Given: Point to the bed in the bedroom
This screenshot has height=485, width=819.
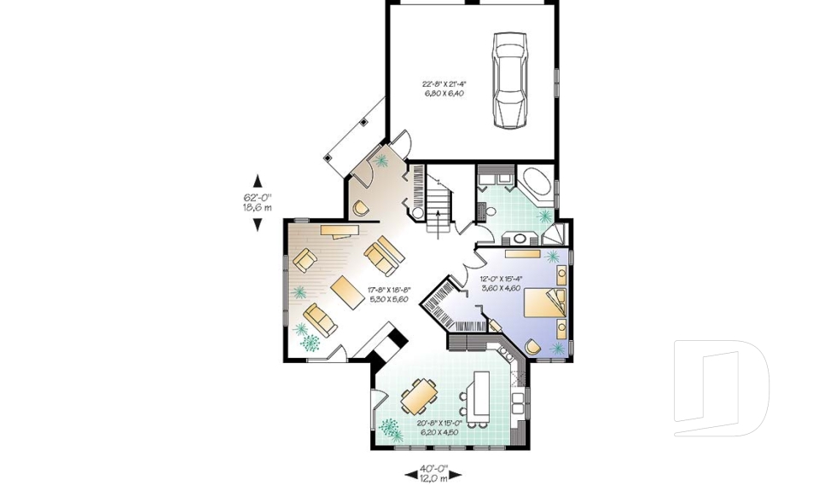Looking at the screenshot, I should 543,303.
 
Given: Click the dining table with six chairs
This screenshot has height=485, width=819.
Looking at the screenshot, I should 420,395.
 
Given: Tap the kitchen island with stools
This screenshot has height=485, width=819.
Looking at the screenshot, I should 478,396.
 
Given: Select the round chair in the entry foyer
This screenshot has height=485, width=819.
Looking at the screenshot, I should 360,207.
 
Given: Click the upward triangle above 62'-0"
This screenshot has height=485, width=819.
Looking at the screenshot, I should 258,181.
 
